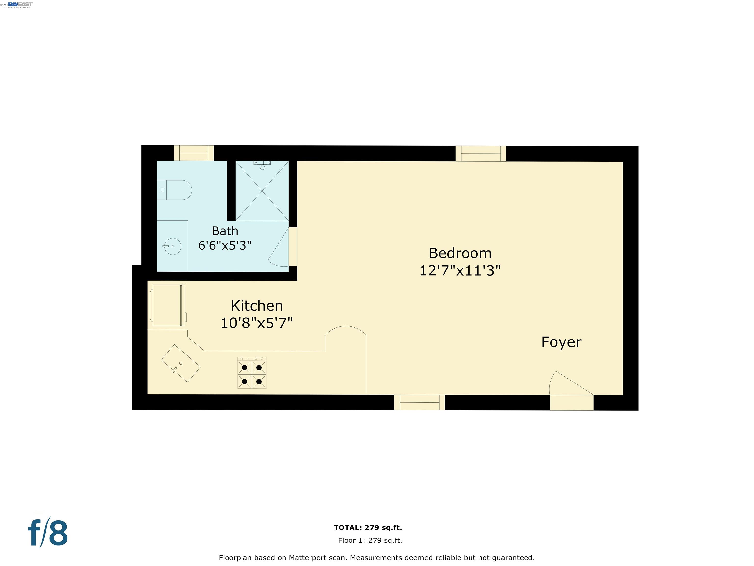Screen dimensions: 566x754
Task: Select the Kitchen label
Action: [x=257, y=306]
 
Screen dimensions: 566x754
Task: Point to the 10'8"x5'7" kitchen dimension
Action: [x=257, y=323]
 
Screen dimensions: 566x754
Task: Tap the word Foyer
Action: [x=561, y=342]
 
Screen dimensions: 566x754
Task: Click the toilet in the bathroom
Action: [x=175, y=190]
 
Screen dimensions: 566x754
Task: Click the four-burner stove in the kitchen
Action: [x=252, y=373]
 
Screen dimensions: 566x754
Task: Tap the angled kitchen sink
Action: [x=181, y=363]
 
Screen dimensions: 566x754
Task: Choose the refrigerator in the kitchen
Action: [x=167, y=305]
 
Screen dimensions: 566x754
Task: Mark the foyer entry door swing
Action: [x=567, y=384]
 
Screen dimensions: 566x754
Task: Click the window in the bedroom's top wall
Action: [x=481, y=154]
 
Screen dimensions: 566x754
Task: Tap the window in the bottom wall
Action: [x=419, y=403]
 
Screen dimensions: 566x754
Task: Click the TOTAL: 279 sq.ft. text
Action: [x=368, y=528]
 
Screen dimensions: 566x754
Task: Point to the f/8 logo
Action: [x=48, y=533]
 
